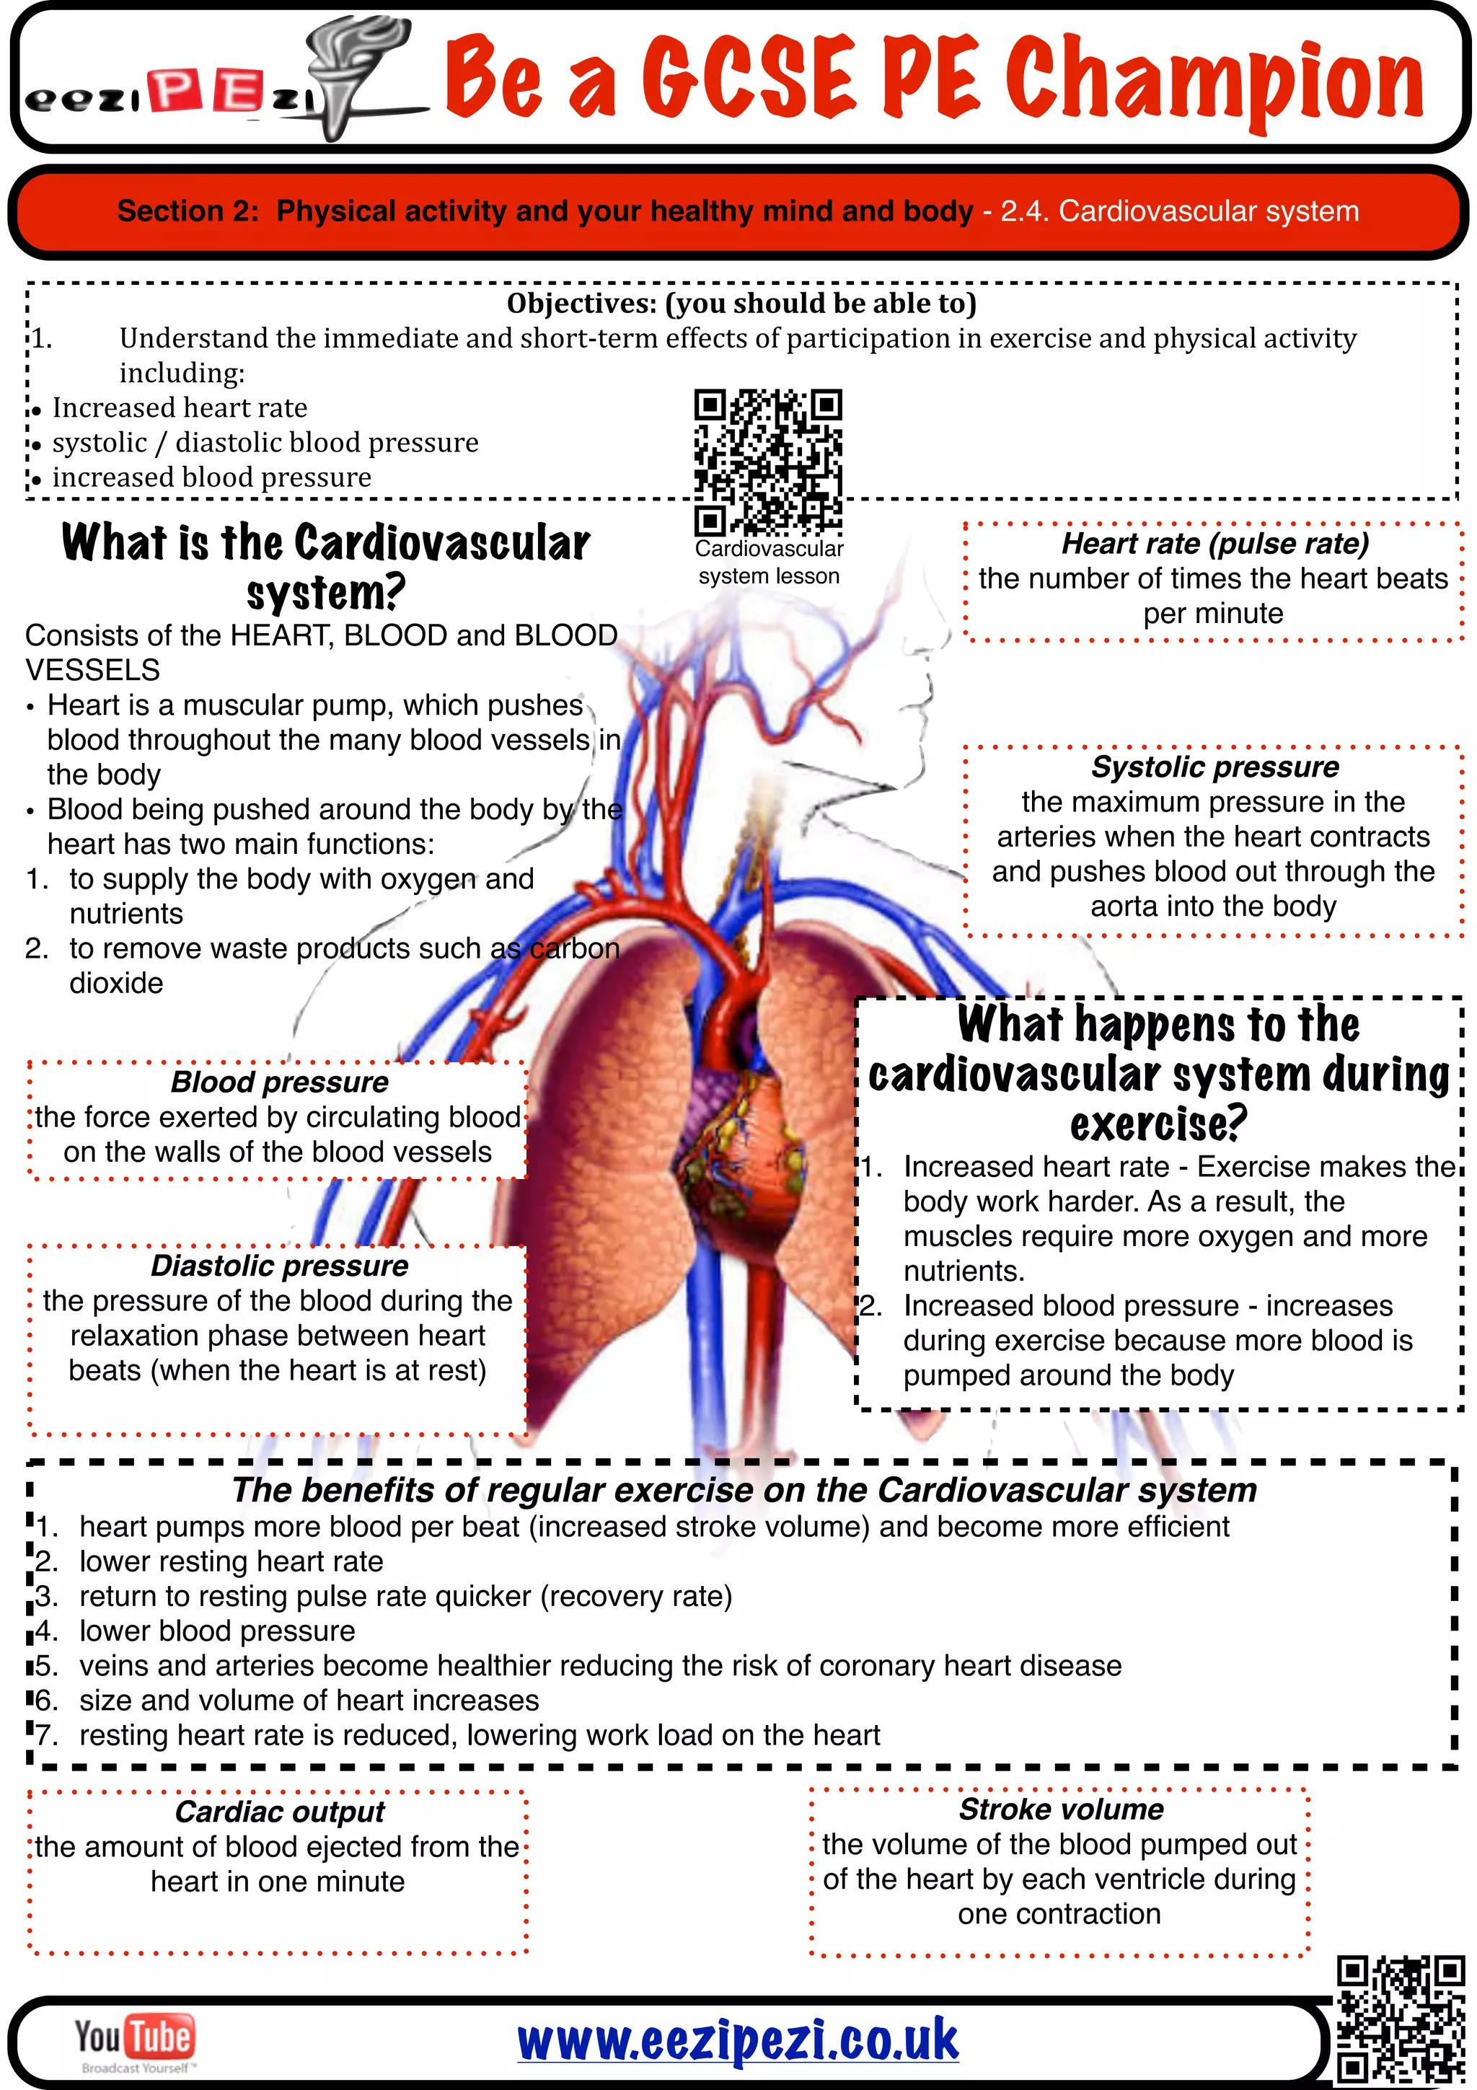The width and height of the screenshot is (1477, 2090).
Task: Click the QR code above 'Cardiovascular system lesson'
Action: tap(768, 462)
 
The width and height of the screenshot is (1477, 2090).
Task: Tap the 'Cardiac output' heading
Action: tap(279, 1812)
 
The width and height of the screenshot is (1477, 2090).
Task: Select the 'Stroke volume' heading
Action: tap(1061, 1809)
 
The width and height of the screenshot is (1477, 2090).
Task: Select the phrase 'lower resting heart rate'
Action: tap(232, 1561)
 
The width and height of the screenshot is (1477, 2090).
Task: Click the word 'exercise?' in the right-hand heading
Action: tap(1158, 1124)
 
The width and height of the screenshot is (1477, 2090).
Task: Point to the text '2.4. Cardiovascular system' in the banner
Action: tap(1179, 211)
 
